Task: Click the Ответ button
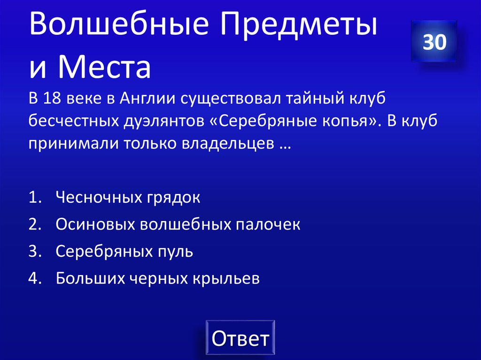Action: pyautogui.click(x=240, y=338)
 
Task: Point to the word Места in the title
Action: pyautogui.click(x=104, y=68)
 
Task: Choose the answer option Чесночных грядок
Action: pyautogui.click(x=128, y=198)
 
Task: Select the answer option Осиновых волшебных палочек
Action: pyautogui.click(x=178, y=224)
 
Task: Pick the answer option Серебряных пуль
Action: pyautogui.click(x=124, y=252)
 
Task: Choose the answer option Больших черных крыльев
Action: pyautogui.click(x=157, y=278)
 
